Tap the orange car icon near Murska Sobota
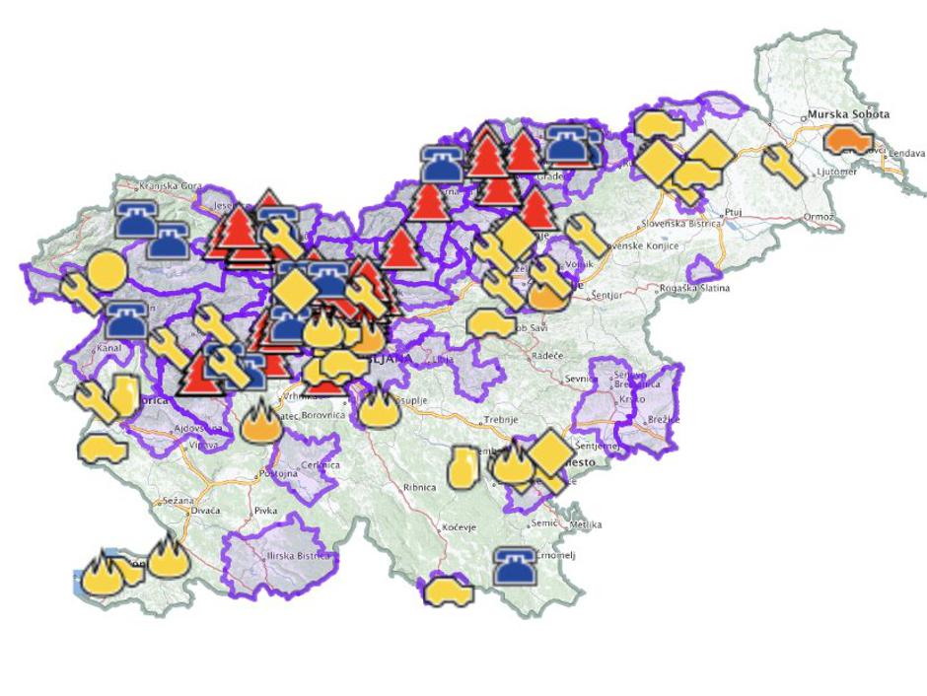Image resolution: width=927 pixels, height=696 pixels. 847,141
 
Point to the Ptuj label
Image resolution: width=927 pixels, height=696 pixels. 732,212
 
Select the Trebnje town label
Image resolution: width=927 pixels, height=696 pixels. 501,420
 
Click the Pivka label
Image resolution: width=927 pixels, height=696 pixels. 265,511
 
